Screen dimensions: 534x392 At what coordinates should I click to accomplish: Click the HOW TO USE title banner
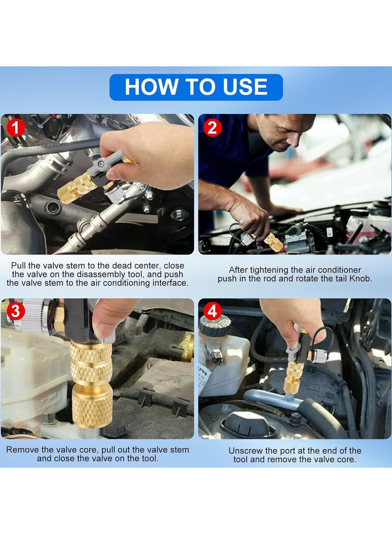196,87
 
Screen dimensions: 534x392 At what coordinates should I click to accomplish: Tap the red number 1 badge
16,128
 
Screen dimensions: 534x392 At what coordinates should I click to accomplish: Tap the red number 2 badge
212,128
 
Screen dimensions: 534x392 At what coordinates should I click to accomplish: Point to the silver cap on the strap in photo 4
320,357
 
